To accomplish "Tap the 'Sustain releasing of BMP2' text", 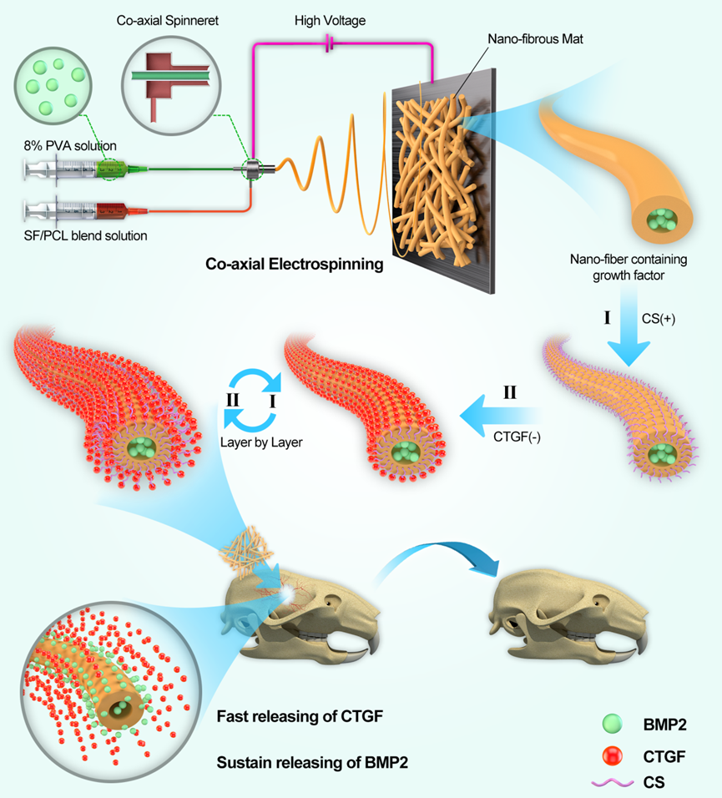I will tap(305, 762).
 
